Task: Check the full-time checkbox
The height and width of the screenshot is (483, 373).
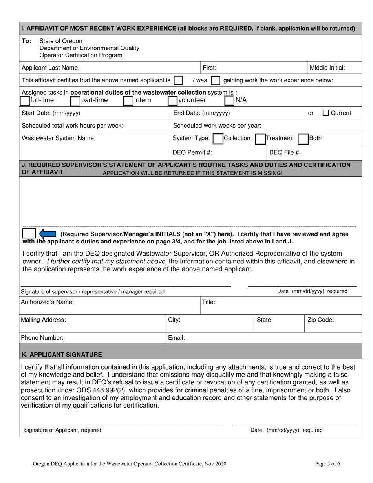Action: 25,101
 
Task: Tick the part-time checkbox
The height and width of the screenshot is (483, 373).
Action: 75,101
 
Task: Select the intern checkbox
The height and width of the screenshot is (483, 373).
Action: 128,101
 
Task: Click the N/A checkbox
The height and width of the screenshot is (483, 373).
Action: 230,101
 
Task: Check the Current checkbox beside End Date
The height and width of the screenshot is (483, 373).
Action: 325,113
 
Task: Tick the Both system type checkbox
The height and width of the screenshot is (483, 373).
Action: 303,139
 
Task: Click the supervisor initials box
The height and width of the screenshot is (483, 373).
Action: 29,233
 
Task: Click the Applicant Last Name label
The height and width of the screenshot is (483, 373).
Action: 51,68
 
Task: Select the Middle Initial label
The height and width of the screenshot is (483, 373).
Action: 327,68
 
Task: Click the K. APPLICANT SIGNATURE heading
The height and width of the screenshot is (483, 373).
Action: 62,354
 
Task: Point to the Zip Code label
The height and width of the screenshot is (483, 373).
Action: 321,320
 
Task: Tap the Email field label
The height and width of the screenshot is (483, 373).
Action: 176,337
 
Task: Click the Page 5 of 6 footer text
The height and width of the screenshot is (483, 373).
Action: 327,464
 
